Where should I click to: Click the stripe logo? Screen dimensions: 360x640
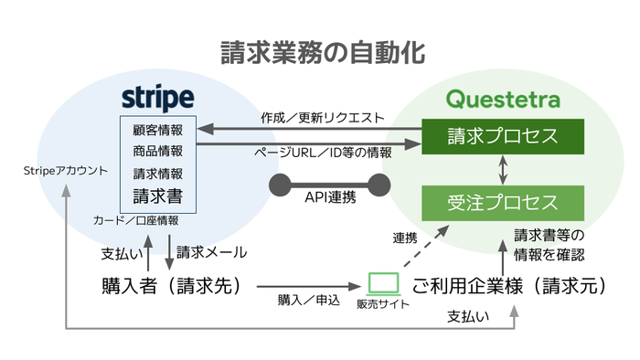[157, 98]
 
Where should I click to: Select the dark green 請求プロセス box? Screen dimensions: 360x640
[502, 136]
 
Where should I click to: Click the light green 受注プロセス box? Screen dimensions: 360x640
[502, 200]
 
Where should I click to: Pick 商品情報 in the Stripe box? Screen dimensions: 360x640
[157, 150]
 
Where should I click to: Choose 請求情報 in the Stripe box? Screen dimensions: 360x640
[157, 172]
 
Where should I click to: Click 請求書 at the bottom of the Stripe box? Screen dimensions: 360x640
[157, 195]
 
